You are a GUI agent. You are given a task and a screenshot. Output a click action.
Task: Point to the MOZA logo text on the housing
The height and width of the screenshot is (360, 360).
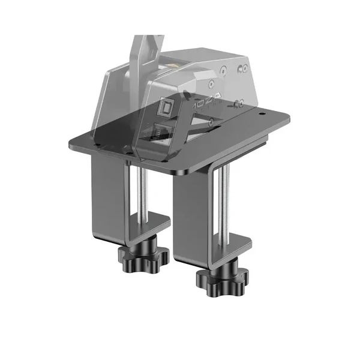203,103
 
